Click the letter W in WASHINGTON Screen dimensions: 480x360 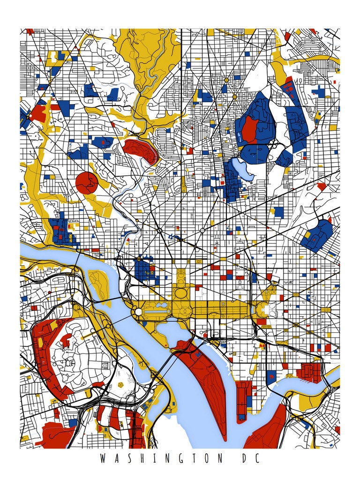coord(102,458)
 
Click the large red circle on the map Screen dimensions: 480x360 coord(86,183)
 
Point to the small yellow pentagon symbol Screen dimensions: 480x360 coord(122,384)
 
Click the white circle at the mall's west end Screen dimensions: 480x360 coord(139,311)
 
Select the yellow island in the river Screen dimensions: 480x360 coord(99,284)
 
